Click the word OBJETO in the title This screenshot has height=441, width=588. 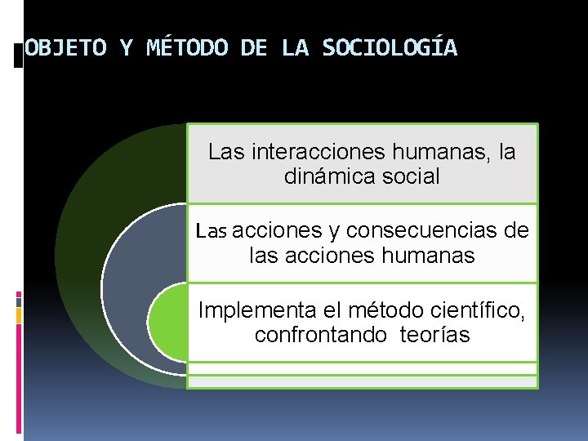[x=66, y=48]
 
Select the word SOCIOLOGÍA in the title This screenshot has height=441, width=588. [x=390, y=48]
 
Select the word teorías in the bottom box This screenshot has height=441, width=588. [x=435, y=335]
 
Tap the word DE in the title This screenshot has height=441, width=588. [x=255, y=48]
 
